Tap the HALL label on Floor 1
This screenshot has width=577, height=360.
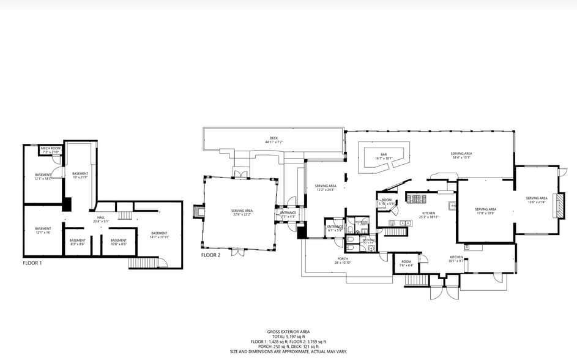click(x=101, y=219)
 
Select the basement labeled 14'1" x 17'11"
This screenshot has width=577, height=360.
click(x=159, y=234)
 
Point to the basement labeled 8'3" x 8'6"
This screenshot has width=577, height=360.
click(x=77, y=242)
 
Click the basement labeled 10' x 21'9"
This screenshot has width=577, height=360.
click(x=80, y=175)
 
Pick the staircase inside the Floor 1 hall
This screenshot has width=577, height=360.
click(x=125, y=215)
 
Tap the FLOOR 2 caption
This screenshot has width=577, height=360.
click(x=211, y=254)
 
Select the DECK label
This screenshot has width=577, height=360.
click(x=274, y=140)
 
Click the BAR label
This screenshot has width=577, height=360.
click(x=384, y=156)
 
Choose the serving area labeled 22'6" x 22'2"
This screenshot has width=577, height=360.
click(x=242, y=212)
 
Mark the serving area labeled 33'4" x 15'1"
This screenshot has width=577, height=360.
click(x=461, y=155)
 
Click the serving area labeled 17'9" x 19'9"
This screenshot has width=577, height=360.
click(x=486, y=211)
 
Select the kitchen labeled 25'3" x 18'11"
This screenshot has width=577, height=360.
click(x=428, y=214)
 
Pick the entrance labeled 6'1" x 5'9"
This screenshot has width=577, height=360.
click(x=335, y=228)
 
